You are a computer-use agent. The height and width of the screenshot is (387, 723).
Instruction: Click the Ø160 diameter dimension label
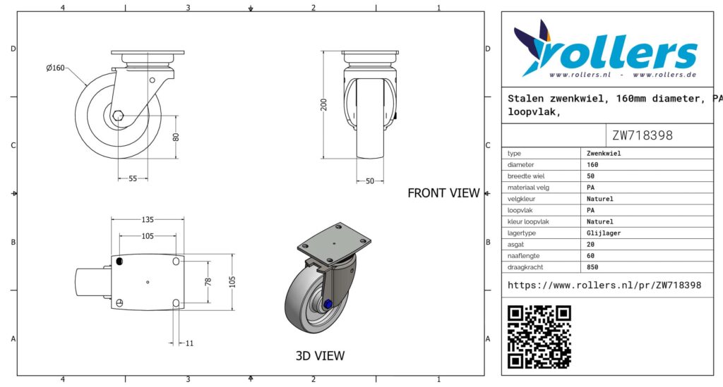(x=55, y=68)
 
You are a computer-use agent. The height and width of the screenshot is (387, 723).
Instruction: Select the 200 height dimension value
(x=323, y=104)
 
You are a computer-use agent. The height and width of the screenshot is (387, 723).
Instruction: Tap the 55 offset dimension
(x=133, y=178)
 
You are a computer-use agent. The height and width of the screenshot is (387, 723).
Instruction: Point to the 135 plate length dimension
(x=148, y=219)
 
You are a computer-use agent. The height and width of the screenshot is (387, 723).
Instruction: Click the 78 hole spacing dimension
(x=208, y=282)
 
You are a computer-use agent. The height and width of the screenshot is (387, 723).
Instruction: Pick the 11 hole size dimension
(x=189, y=343)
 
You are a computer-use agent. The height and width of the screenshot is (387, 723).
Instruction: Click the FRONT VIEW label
(x=443, y=193)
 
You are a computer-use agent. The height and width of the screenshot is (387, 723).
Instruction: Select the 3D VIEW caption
(x=320, y=356)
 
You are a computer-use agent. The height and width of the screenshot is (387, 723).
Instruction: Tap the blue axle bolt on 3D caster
(x=328, y=304)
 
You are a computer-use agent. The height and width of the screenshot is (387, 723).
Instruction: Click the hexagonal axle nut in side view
(x=118, y=115)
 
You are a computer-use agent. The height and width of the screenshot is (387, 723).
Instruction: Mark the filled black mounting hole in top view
(x=119, y=262)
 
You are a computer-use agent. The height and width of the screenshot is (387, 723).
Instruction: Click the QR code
(x=539, y=337)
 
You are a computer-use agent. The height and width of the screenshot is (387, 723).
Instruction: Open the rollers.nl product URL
(x=604, y=285)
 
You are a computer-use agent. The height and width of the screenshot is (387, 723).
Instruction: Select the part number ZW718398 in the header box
(x=643, y=135)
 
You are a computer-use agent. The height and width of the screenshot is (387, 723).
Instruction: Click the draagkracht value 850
(x=592, y=267)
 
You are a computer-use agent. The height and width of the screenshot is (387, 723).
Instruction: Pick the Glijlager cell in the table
(x=604, y=233)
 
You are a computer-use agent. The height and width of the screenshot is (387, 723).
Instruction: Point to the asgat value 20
(x=591, y=245)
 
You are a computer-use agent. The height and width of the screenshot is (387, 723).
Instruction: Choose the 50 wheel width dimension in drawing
(x=370, y=181)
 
